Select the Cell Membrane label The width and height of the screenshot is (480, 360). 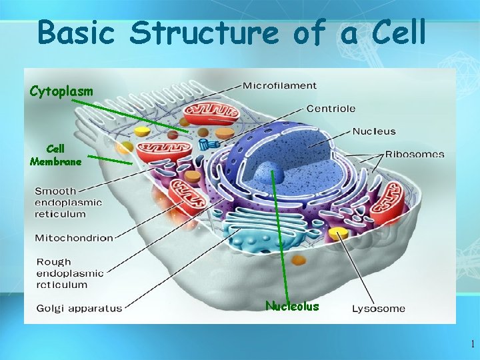point(56,155)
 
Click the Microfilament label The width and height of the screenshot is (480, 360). point(279,86)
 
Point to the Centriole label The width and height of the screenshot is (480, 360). point(331,108)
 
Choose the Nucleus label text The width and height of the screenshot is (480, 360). point(373,131)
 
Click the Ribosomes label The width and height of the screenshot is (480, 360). point(414,154)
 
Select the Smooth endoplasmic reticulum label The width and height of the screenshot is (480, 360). point(69,203)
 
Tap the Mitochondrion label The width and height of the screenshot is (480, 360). point(73,237)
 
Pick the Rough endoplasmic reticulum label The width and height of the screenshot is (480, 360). point(69,273)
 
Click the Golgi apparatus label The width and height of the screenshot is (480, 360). point(79,308)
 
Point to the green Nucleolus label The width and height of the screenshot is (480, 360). point(292,307)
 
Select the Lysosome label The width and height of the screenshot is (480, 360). point(378,308)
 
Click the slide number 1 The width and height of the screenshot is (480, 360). point(472,345)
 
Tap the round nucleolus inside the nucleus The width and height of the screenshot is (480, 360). point(272,175)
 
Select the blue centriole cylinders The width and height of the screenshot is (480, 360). point(209,144)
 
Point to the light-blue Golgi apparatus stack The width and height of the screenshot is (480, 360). point(253,237)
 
